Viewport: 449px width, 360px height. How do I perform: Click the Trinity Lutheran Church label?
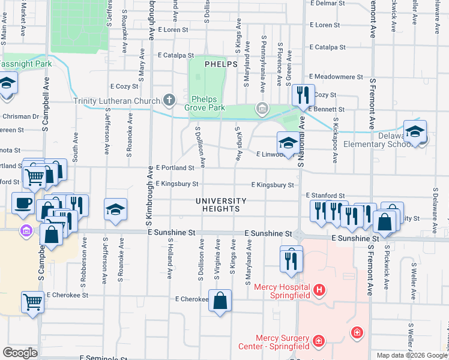(116, 101)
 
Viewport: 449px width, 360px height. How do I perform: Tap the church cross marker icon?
(169, 100)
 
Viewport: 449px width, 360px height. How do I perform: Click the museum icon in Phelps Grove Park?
(262, 108)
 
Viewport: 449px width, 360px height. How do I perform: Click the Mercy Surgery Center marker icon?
(318, 342)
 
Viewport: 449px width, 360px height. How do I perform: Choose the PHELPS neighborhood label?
(221, 64)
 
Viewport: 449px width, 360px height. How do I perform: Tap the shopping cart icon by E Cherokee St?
(32, 301)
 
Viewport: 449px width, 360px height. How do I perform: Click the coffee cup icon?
(23, 203)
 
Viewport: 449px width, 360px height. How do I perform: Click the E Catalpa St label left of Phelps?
(176, 55)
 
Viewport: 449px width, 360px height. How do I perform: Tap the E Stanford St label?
(325, 196)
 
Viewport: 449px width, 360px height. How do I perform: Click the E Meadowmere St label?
(336, 77)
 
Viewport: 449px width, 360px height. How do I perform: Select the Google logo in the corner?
(20, 353)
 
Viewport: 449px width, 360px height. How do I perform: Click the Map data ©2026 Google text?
(411, 355)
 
